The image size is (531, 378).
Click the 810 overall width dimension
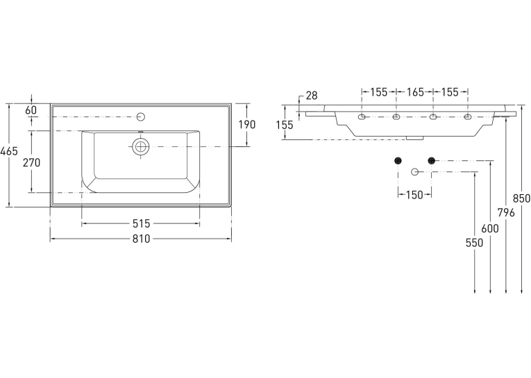point(141,239)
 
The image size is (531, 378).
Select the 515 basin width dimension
point(141,223)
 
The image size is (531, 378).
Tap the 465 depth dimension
point(9,151)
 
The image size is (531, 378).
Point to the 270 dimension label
point(31,162)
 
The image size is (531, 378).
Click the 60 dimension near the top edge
point(31,110)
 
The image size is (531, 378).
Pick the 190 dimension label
point(247,125)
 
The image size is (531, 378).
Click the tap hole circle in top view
point(141,117)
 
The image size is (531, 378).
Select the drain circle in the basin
point(140,146)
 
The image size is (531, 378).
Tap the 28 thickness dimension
point(312,96)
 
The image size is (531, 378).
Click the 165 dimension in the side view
point(415,92)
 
